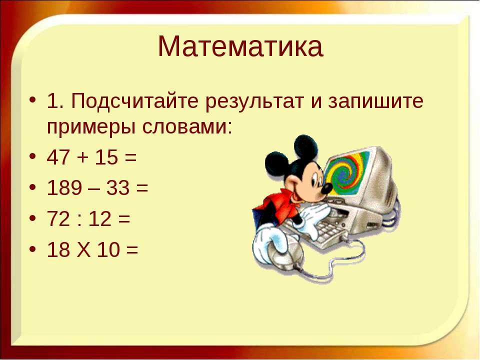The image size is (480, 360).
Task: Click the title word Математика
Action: click(x=240, y=46)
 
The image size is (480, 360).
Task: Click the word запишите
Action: click(x=375, y=101)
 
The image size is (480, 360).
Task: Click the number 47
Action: click(x=58, y=157)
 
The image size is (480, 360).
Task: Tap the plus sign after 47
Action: click(x=82, y=158)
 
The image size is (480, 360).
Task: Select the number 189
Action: click(x=64, y=187)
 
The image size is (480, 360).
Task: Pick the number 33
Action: click(x=118, y=187)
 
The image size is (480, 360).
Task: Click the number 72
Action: click(x=58, y=219)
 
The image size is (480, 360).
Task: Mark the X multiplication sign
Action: click(x=83, y=249)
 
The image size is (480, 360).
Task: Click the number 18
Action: click(x=58, y=249)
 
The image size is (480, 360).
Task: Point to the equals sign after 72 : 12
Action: click(x=124, y=219)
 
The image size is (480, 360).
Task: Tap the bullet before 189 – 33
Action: click(x=33, y=187)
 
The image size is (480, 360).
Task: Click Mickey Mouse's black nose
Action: click(x=326, y=188)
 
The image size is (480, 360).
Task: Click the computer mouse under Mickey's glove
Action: click(x=286, y=253)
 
